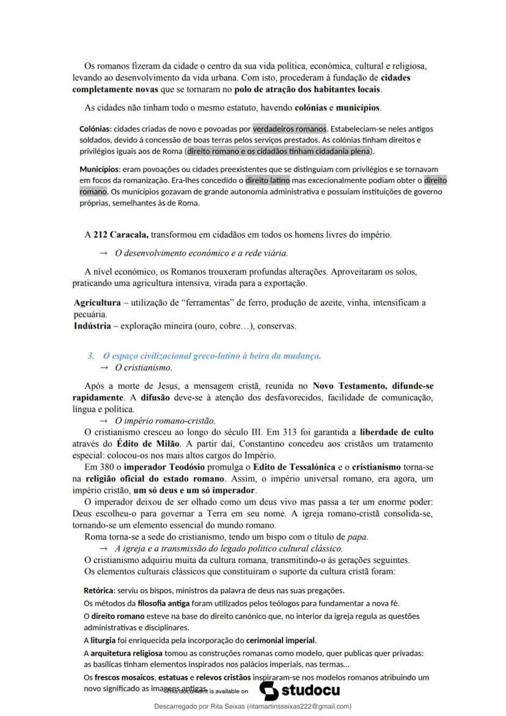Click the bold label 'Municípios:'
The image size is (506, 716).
(100, 169)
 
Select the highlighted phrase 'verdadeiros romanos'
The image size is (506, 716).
(290, 129)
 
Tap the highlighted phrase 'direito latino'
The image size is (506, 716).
(268, 180)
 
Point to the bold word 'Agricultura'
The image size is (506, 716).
(97, 303)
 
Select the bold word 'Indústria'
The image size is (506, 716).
(92, 326)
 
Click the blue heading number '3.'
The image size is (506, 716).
(91, 356)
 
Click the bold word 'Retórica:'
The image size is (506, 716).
(99, 591)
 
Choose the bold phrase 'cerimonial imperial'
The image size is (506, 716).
(281, 640)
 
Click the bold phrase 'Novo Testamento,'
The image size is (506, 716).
(348, 386)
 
